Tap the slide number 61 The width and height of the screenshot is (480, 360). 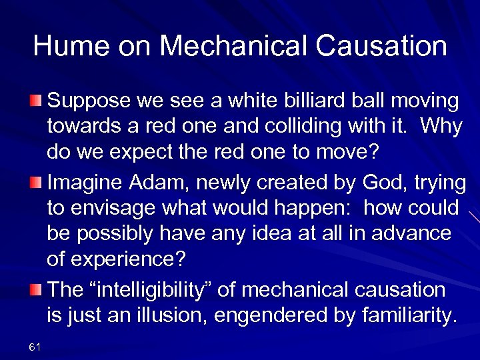coord(35,346)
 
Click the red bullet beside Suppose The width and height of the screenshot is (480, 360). coord(37,101)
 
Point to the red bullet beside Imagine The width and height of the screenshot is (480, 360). coord(37,182)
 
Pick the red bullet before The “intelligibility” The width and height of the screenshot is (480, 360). coord(37,290)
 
